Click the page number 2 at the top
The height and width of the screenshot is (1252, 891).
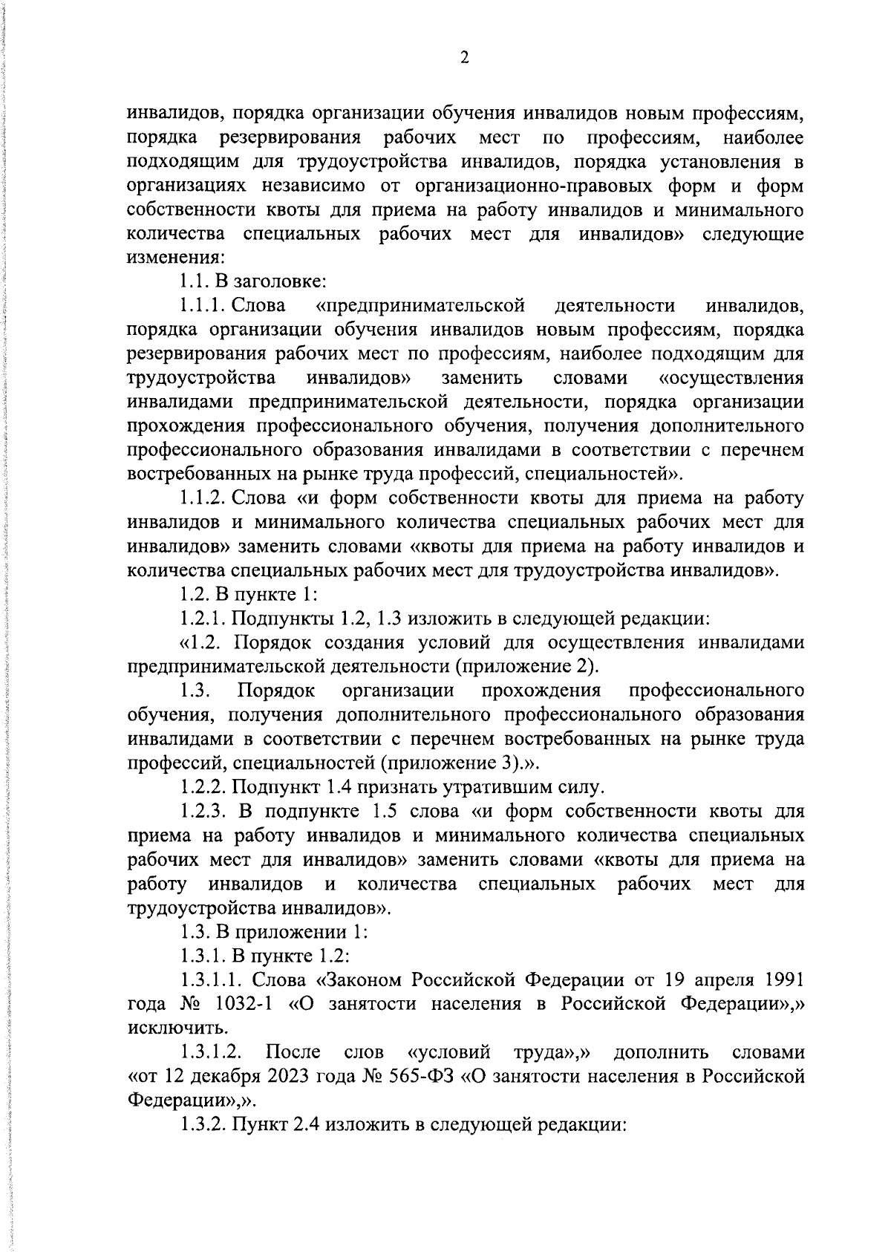[x=464, y=59]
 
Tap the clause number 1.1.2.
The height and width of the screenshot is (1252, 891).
[x=204, y=498]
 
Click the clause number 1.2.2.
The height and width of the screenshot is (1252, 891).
[x=203, y=786]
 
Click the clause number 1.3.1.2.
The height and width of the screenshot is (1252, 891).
[x=212, y=1053]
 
